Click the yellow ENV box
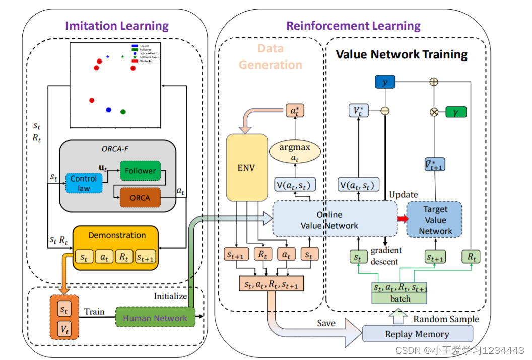pyautogui.click(x=247, y=167)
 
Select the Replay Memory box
pyautogui.click(x=417, y=334)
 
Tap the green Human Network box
pyautogui.click(x=155, y=318)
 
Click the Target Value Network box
pyautogui.click(x=435, y=220)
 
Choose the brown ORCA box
pyautogui.click(x=140, y=197)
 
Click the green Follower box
pyautogui.click(x=140, y=171)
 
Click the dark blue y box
pyautogui.click(x=385, y=82)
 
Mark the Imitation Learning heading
pyautogui.click(x=117, y=26)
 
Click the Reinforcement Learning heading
pyautogui.click(x=353, y=26)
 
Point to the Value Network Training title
pyautogui.click(x=402, y=54)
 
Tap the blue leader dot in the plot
pyautogui.click(x=108, y=109)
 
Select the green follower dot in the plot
pyautogui.click(x=123, y=111)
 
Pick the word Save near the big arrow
pyautogui.click(x=326, y=323)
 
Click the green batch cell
pyautogui.click(x=400, y=298)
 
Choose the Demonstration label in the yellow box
pyautogui.click(x=117, y=235)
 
